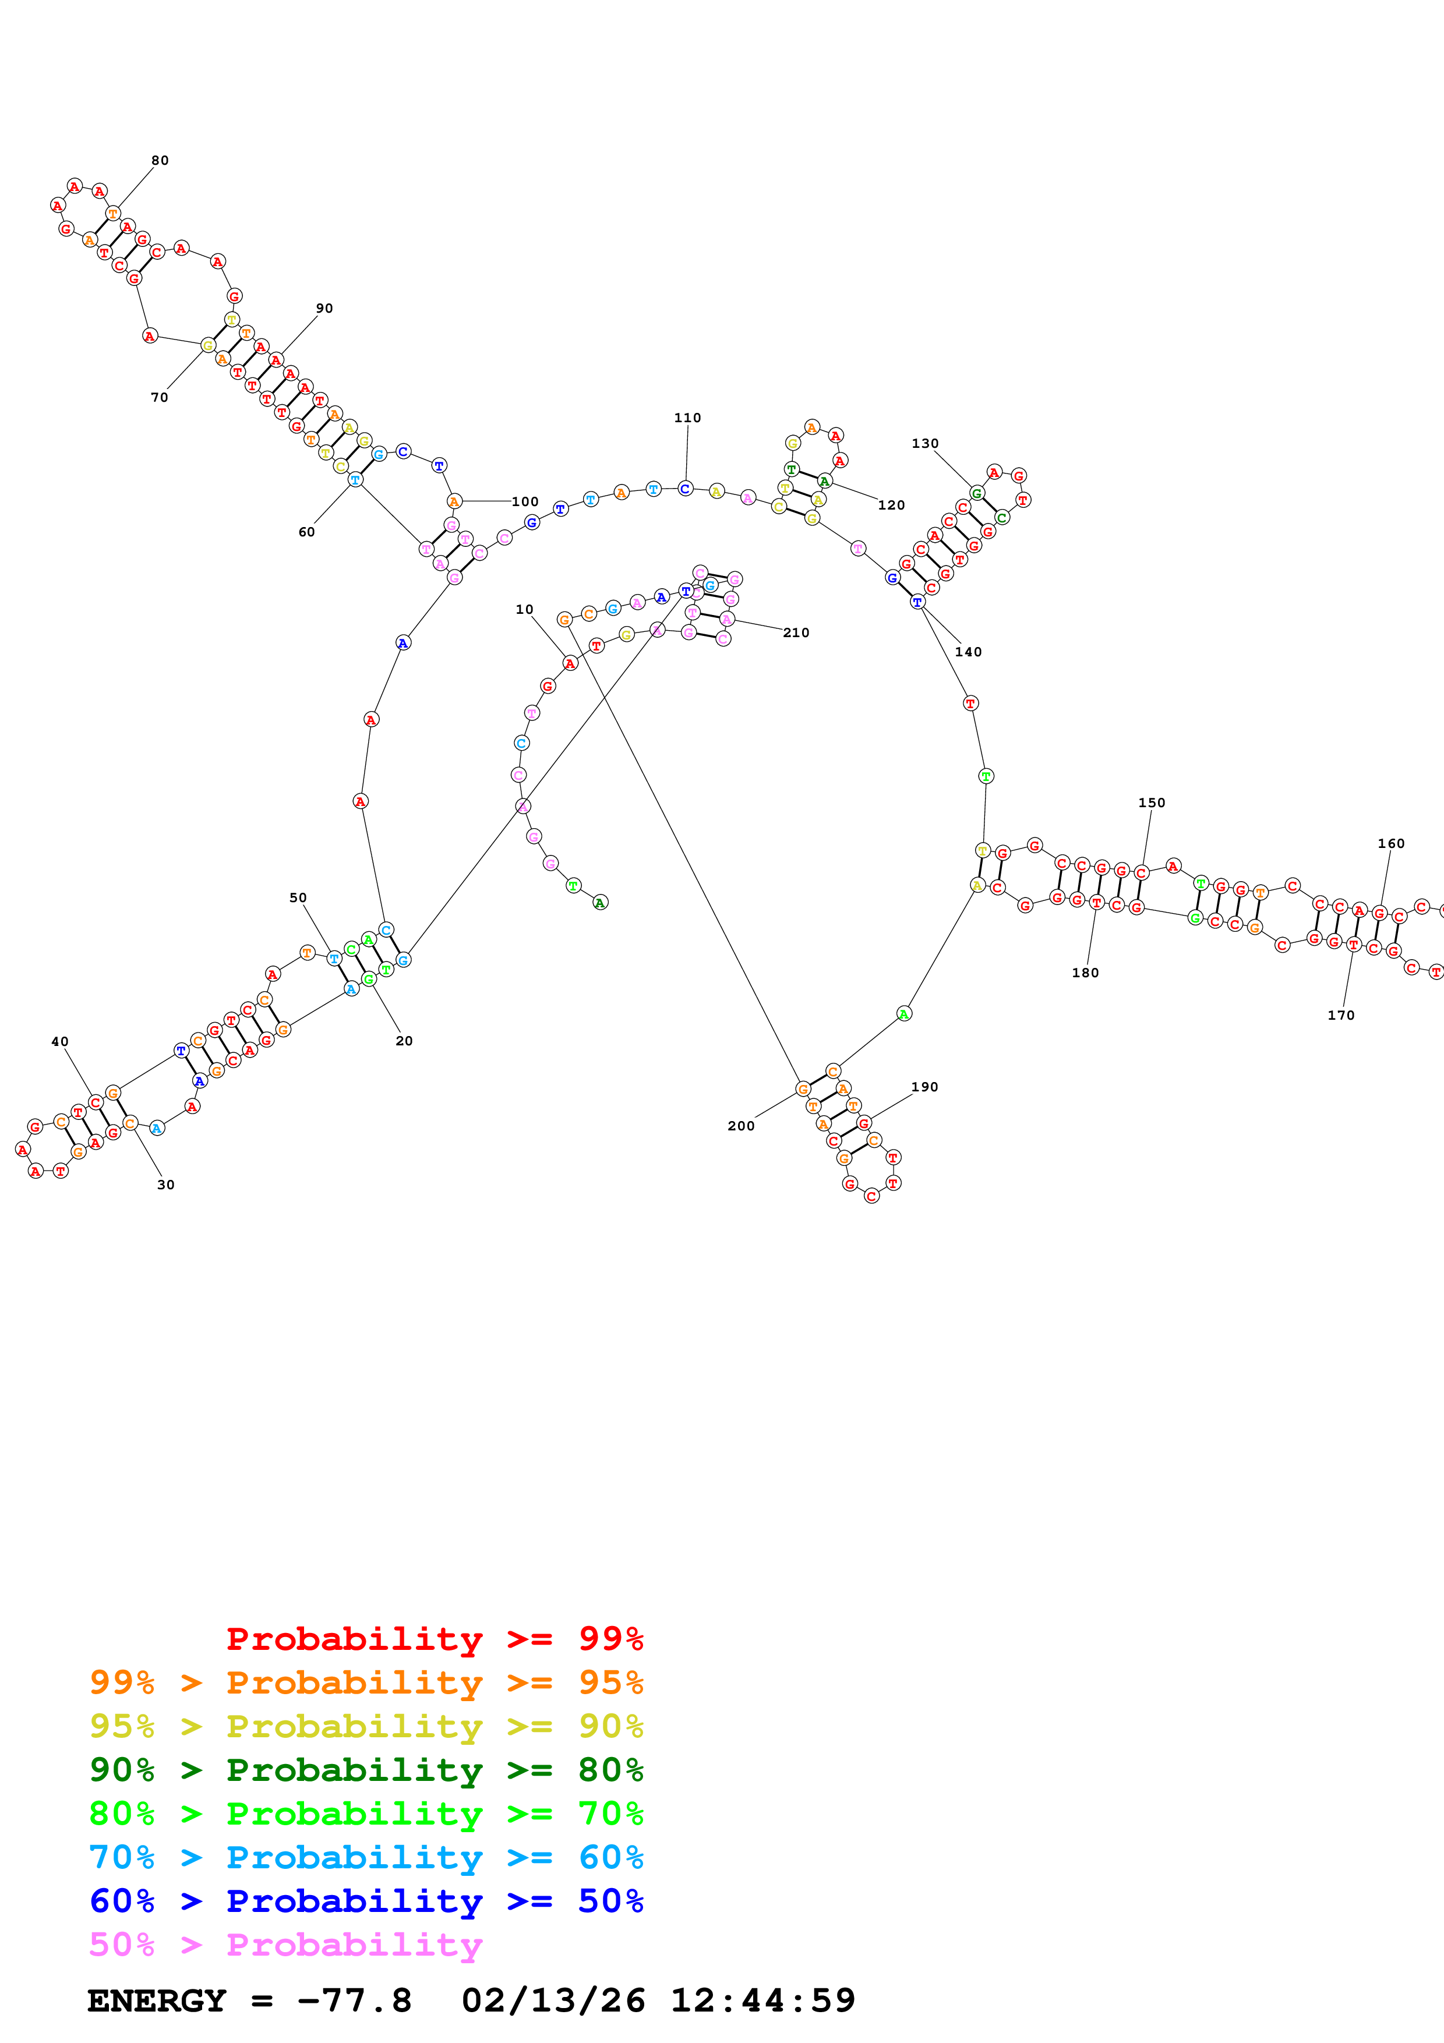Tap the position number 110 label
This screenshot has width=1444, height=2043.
click(x=687, y=418)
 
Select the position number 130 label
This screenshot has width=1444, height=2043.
click(x=924, y=444)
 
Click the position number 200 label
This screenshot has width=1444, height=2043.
click(x=740, y=1126)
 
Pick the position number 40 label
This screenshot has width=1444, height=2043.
click(x=59, y=1042)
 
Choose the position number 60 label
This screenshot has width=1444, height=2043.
click(x=306, y=533)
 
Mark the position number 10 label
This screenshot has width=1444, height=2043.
click(x=524, y=610)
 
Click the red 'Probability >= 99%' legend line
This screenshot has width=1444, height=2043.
click(x=434, y=1639)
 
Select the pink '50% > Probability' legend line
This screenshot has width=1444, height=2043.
click(x=285, y=1945)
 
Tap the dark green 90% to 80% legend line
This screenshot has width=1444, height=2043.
click(x=366, y=1770)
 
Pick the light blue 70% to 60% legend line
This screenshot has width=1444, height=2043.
click(x=366, y=1858)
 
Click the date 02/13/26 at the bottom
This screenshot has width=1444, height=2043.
click(x=553, y=2001)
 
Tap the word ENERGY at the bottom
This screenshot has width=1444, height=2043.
click(x=157, y=2001)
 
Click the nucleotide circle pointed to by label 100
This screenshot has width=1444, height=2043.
click(x=454, y=502)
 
